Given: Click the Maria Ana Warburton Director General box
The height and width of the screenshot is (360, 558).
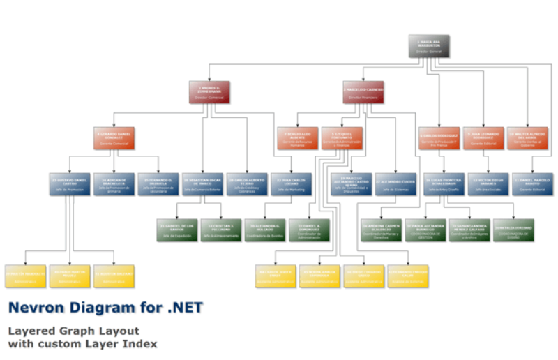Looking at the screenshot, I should [429, 46].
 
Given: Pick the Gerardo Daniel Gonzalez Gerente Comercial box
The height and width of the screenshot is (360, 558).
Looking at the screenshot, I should [114, 138].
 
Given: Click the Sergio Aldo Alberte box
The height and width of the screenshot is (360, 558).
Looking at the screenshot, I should [298, 138].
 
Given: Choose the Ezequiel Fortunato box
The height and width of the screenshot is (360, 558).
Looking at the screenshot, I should [342, 138].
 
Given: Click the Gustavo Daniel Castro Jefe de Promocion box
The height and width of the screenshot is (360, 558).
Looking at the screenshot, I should [70, 184].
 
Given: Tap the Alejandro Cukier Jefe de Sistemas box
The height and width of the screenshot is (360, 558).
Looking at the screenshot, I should [395, 184].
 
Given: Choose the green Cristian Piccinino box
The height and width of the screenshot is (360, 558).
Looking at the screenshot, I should [221, 230].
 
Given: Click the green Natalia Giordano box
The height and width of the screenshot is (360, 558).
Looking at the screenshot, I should [513, 230].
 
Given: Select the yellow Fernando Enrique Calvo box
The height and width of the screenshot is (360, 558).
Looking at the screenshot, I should [408, 276].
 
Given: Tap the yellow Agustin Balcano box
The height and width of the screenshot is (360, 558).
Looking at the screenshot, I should [114, 276].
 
